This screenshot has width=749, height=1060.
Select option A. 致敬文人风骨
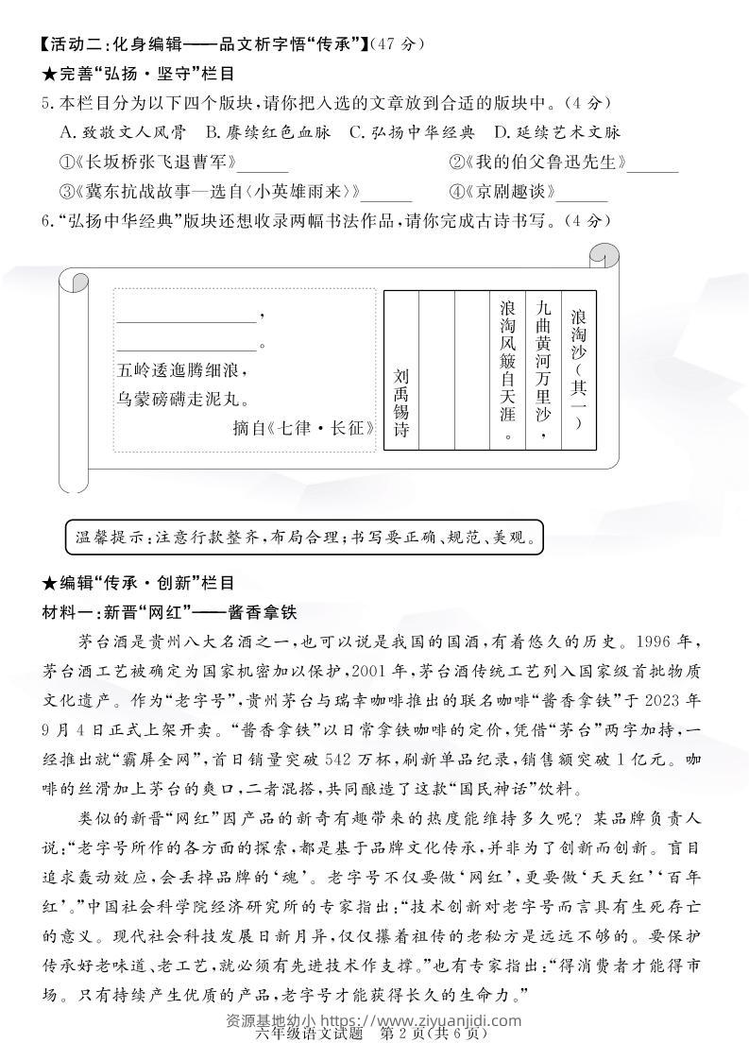coord(122,132)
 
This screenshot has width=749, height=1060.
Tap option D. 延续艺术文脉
coord(556,132)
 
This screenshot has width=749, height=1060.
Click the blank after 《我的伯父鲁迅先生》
coord(653,164)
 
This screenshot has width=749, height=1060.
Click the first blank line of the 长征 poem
coord(186,315)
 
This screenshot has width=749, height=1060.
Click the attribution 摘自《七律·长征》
coord(303,427)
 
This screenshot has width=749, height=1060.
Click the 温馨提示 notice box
coord(306,539)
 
